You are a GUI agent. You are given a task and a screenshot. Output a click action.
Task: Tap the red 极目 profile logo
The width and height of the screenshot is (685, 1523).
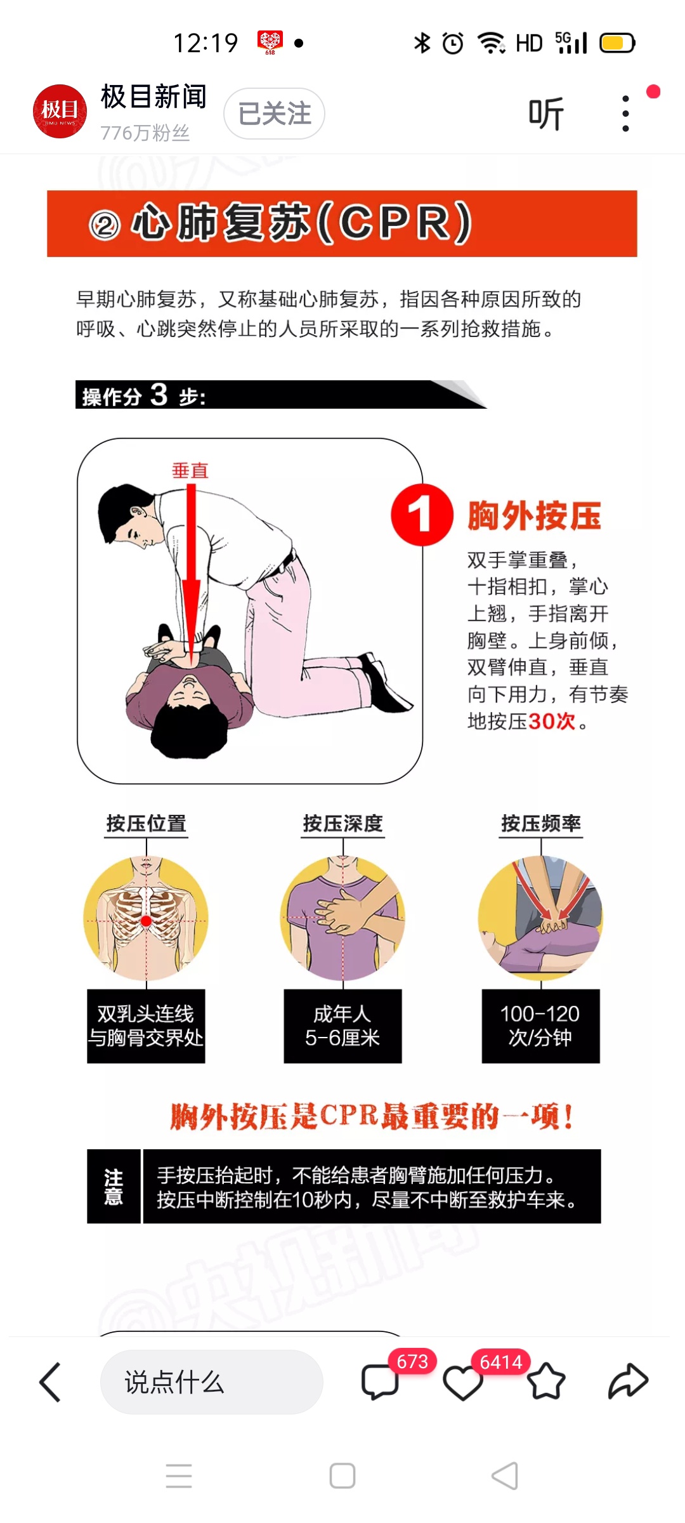coord(60,111)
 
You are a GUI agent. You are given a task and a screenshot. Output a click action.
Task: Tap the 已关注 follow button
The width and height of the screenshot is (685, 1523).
coord(274,114)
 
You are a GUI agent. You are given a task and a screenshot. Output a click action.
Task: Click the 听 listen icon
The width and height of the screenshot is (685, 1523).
coord(546,114)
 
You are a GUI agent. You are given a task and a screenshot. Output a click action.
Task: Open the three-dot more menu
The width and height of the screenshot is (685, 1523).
coord(625,114)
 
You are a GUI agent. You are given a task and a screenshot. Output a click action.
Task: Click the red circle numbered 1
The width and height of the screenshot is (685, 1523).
coord(422,515)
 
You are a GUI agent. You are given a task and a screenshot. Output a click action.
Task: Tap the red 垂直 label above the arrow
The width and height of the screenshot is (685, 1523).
coord(190,470)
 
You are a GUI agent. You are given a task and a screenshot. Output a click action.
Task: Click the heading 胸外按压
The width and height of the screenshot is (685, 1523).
coord(534,515)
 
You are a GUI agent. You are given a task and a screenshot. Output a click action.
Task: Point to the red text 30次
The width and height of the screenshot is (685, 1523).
coord(552,721)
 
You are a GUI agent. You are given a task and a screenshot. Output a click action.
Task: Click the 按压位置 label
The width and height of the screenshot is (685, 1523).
coord(147,823)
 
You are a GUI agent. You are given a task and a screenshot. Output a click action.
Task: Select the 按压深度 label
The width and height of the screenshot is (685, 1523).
coord(343,823)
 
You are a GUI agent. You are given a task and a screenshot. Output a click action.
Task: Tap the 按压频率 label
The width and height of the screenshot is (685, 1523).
coord(541,823)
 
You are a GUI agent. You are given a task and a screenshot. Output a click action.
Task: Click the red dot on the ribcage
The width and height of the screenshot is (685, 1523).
coord(146,921)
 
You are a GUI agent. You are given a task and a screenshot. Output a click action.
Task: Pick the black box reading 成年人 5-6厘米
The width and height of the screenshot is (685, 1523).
coord(342,1025)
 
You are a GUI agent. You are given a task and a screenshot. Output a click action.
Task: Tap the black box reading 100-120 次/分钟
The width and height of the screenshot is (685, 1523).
coord(540,1025)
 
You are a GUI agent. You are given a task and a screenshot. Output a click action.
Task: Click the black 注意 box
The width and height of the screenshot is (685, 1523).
coord(114,1186)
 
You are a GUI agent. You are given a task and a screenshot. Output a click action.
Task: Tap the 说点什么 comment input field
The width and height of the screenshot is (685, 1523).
coord(212,1381)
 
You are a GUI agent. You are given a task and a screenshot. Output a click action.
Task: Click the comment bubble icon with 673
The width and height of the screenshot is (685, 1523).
coord(380,1381)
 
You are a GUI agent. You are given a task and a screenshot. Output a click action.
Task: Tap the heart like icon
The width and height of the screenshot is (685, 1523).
coord(462,1383)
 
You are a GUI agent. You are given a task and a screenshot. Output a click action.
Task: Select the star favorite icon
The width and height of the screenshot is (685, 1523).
coord(545,1381)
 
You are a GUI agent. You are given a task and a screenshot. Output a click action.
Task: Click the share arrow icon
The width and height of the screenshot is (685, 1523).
coord(628,1381)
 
